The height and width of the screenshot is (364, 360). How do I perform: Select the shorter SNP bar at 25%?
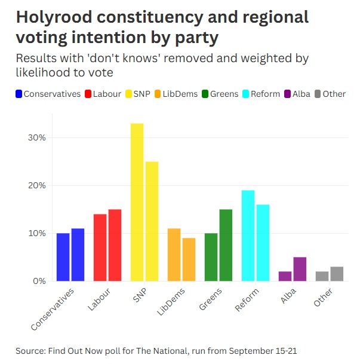pos(152,221)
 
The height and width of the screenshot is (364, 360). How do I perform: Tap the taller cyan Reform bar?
pos(248,235)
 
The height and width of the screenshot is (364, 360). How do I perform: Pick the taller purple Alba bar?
pos(300,269)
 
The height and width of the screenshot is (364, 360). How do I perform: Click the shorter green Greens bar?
pos(211,257)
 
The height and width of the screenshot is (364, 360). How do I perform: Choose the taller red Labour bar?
pos(115,245)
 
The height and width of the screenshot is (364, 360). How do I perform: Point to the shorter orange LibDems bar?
pos(189,259)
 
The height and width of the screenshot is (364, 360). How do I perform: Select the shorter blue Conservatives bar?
pos(63,257)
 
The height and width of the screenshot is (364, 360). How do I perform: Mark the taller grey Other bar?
pos(337,274)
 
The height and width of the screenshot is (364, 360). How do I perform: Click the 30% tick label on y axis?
pos(37,137)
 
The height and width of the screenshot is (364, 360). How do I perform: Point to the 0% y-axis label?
pos(39,281)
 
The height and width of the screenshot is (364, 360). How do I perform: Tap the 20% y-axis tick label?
pos(37,185)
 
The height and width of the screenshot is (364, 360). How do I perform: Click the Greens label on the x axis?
pos(211,299)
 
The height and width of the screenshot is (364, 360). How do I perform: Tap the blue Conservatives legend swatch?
pos(19,94)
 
